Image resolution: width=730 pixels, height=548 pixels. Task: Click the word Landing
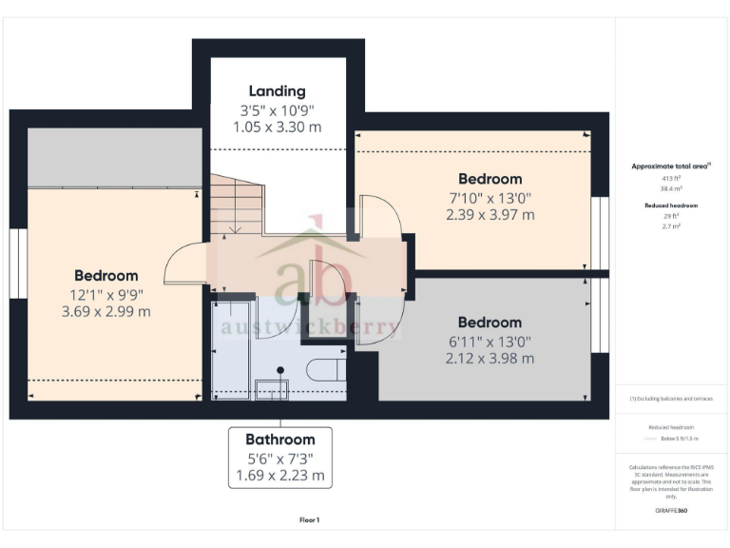tap(278, 91)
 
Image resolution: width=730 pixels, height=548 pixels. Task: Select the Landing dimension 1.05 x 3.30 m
tap(278, 127)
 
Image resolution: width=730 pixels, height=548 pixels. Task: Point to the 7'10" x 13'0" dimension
tap(490, 198)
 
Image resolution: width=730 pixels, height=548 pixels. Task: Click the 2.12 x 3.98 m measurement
tap(490, 359)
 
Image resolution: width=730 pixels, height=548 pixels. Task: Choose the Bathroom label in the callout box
tap(280, 440)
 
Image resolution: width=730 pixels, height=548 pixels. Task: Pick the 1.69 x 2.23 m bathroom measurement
tap(280, 475)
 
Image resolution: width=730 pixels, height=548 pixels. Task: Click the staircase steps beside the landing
tap(236, 205)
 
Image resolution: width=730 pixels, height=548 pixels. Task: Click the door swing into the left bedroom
tap(183, 266)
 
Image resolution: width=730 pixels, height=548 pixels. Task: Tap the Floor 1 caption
tap(310, 520)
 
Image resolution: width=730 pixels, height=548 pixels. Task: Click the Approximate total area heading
tap(671, 166)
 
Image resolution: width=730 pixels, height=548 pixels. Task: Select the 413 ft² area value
tap(671, 178)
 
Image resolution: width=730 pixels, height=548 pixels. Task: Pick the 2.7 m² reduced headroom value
tap(671, 226)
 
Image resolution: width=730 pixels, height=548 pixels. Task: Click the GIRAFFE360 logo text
tap(671, 511)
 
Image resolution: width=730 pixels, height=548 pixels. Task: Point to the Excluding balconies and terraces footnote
tap(671, 399)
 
